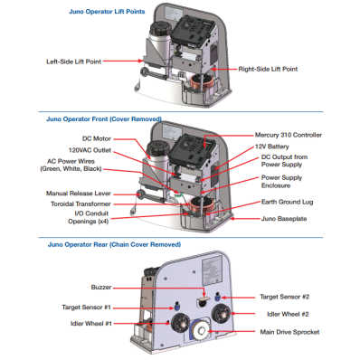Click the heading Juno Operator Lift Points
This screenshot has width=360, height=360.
point(107,12)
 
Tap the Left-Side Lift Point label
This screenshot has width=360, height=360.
point(73,62)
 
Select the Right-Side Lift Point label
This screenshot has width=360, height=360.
point(268,69)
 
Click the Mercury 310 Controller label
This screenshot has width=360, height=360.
point(289,135)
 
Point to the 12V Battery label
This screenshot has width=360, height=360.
point(272,147)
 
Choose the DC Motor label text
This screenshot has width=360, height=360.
point(97,138)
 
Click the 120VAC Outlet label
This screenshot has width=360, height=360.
point(90,150)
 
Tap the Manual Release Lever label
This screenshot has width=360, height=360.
point(79,194)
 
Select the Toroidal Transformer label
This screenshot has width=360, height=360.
point(81,204)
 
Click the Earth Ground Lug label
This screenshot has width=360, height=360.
point(288,202)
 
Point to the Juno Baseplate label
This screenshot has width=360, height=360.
point(284,219)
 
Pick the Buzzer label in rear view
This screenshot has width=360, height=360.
point(101,288)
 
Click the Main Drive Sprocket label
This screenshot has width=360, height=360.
point(289,332)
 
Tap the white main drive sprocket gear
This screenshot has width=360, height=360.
point(201,331)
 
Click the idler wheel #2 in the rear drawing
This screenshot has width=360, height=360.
point(222,314)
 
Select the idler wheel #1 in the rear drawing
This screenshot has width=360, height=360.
point(180,323)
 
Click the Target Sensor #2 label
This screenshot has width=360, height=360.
point(285,297)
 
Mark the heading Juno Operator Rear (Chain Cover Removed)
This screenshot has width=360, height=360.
point(114,244)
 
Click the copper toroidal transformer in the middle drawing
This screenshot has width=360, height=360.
point(202,204)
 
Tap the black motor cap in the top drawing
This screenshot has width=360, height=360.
point(160,29)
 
